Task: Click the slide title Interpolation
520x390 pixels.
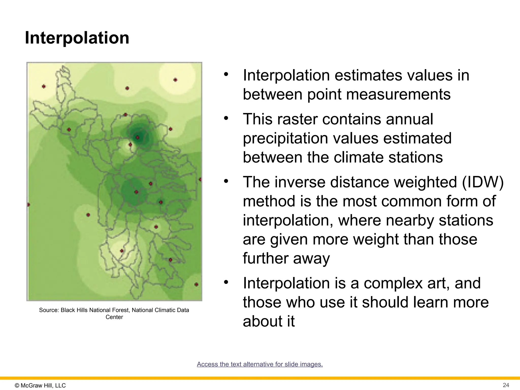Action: click(x=77, y=38)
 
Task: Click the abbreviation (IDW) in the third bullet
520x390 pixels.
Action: click(x=483, y=182)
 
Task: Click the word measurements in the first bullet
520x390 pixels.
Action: click(x=379, y=94)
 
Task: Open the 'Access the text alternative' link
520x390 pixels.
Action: click(x=260, y=364)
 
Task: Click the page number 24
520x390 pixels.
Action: click(x=506, y=385)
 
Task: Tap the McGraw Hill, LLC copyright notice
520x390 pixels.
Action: click(x=40, y=385)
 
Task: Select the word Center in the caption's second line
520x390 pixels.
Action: click(x=114, y=317)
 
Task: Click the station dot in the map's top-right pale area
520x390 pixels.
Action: click(x=175, y=80)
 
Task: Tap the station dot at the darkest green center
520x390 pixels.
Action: click(x=137, y=138)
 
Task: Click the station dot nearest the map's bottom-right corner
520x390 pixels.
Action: click(x=196, y=284)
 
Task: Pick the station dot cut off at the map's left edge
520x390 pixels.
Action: click(x=28, y=205)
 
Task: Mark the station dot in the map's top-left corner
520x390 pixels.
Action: click(x=44, y=87)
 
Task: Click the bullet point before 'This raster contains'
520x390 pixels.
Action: click(x=226, y=118)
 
